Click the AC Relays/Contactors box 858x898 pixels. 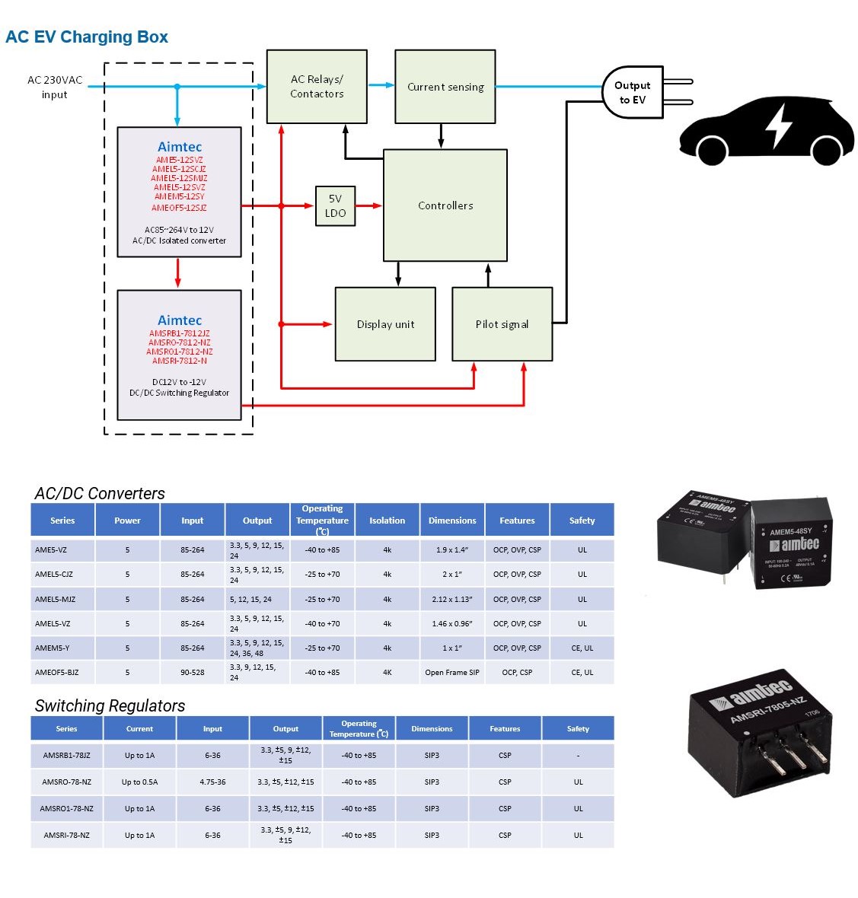317,87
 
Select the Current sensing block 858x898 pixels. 445,87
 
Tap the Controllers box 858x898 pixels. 445,205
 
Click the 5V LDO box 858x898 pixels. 335,206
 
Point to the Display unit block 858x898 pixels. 385,324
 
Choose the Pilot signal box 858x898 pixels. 502,324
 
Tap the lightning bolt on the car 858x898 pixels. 778,126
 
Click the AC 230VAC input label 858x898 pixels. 55,87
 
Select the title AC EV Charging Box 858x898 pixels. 87,37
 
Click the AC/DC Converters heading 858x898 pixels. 100,493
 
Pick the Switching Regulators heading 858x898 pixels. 110,705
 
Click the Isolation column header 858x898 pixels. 388,521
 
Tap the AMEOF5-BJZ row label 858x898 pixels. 56,672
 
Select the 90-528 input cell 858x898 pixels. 193,672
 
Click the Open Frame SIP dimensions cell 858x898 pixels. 452,672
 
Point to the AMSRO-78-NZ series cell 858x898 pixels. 66,782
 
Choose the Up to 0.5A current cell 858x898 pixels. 139,782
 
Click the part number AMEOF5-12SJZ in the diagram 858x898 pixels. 179,208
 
